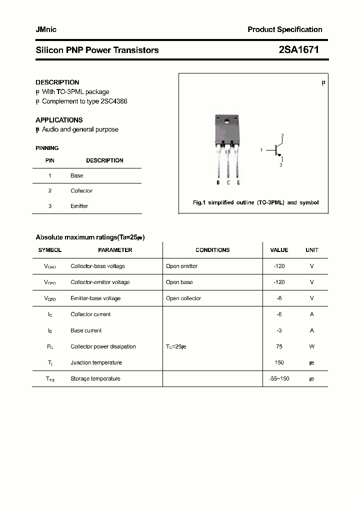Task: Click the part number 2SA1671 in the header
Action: (x=298, y=50)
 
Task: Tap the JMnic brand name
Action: (x=46, y=29)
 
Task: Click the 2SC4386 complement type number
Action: (x=114, y=101)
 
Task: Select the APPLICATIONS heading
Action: (x=59, y=120)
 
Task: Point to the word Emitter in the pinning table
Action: (x=79, y=206)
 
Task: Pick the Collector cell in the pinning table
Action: (x=81, y=191)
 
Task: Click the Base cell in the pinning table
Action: (x=77, y=176)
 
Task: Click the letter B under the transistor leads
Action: (x=218, y=183)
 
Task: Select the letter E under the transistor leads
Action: (x=238, y=183)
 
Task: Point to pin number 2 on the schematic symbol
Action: (x=282, y=136)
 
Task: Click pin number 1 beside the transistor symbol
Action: (x=261, y=150)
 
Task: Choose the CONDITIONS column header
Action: (x=212, y=250)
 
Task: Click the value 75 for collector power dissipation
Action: (x=279, y=346)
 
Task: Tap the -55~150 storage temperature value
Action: (x=279, y=379)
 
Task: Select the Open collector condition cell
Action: (x=183, y=298)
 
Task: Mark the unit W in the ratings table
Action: (x=311, y=346)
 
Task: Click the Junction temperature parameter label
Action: (x=96, y=363)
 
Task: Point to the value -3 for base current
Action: (x=279, y=330)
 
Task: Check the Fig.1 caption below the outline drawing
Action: (x=255, y=203)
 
